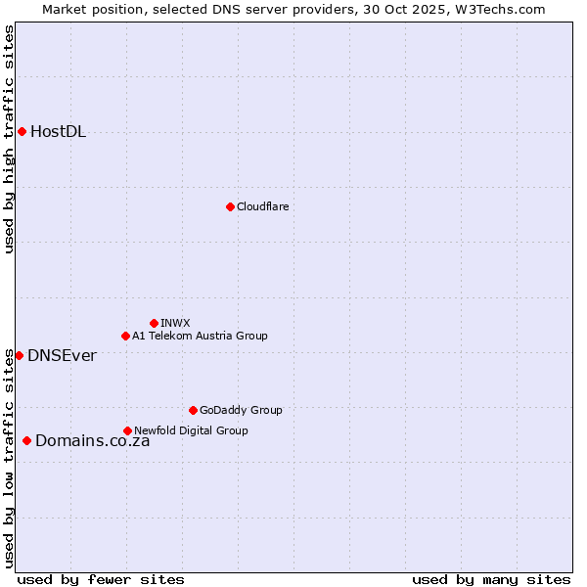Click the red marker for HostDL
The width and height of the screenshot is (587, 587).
click(22, 131)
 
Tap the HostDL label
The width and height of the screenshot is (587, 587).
click(59, 132)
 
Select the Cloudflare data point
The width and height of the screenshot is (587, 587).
click(230, 206)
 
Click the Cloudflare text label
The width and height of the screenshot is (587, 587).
click(262, 206)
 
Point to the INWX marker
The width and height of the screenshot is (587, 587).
click(154, 323)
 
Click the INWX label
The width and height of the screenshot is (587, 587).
click(175, 323)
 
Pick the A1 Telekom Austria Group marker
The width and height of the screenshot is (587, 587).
click(125, 336)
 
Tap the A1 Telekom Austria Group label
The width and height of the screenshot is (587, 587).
click(200, 336)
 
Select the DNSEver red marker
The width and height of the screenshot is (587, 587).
click(19, 355)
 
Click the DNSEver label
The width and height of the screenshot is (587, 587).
click(62, 356)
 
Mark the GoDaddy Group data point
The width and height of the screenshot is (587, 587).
click(193, 410)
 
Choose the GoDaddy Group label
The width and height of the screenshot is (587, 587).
click(241, 410)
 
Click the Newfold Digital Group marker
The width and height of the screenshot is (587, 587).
click(127, 430)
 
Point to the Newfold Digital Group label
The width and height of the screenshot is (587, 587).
click(191, 430)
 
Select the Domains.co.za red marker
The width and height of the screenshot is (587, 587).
click(26, 440)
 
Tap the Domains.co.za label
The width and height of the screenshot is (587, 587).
click(92, 441)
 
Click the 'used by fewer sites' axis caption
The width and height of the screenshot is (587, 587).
click(101, 579)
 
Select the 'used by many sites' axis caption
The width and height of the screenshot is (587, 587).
click(491, 579)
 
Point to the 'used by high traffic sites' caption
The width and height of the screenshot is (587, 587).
click(10, 139)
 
